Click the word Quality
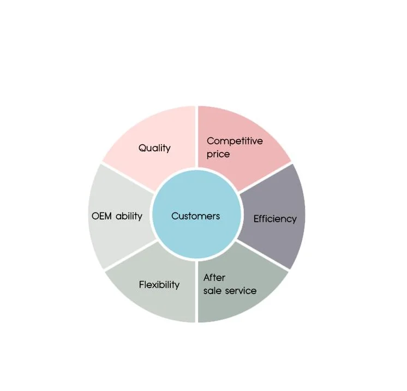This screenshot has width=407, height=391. (154, 148)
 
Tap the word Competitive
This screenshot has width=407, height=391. (235, 141)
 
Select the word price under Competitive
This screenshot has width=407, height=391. (218, 154)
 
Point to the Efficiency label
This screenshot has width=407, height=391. (275, 219)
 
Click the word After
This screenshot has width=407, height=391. (214, 278)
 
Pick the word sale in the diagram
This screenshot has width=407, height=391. (213, 291)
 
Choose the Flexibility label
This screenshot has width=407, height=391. (159, 285)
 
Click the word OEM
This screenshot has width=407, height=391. (103, 216)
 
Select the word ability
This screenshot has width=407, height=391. (129, 216)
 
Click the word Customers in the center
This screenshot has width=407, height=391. (195, 216)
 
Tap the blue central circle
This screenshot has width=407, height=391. (195, 234)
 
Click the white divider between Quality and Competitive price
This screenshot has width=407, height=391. (196, 136)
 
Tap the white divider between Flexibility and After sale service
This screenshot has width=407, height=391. (196, 294)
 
